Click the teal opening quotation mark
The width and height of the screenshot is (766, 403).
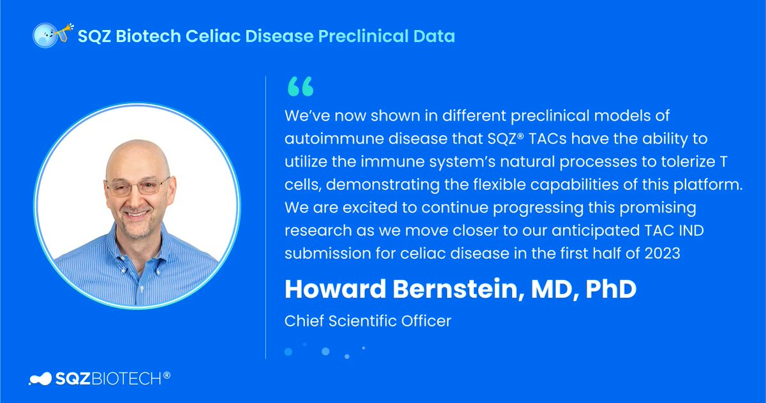[301, 87]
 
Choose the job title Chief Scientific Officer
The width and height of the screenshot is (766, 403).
[368, 320]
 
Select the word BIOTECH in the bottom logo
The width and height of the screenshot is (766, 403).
[130, 378]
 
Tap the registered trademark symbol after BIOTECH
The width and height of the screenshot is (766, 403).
[167, 375]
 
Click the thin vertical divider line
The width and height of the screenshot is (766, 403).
[266, 217]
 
